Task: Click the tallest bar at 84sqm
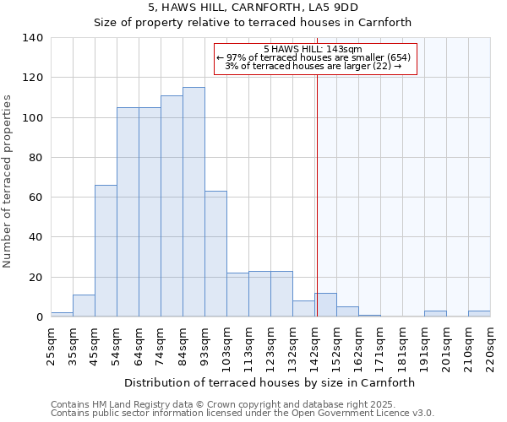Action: coord(194,203)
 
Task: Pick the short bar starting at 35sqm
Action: coord(84,306)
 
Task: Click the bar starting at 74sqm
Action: coord(172,206)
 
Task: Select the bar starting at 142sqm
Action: coord(325,306)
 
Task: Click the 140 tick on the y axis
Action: coord(33,38)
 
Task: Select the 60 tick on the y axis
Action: coord(36,197)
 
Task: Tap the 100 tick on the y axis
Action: coord(33,118)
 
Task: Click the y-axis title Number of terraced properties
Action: coord(8,181)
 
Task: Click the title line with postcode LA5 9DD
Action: coord(253,8)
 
